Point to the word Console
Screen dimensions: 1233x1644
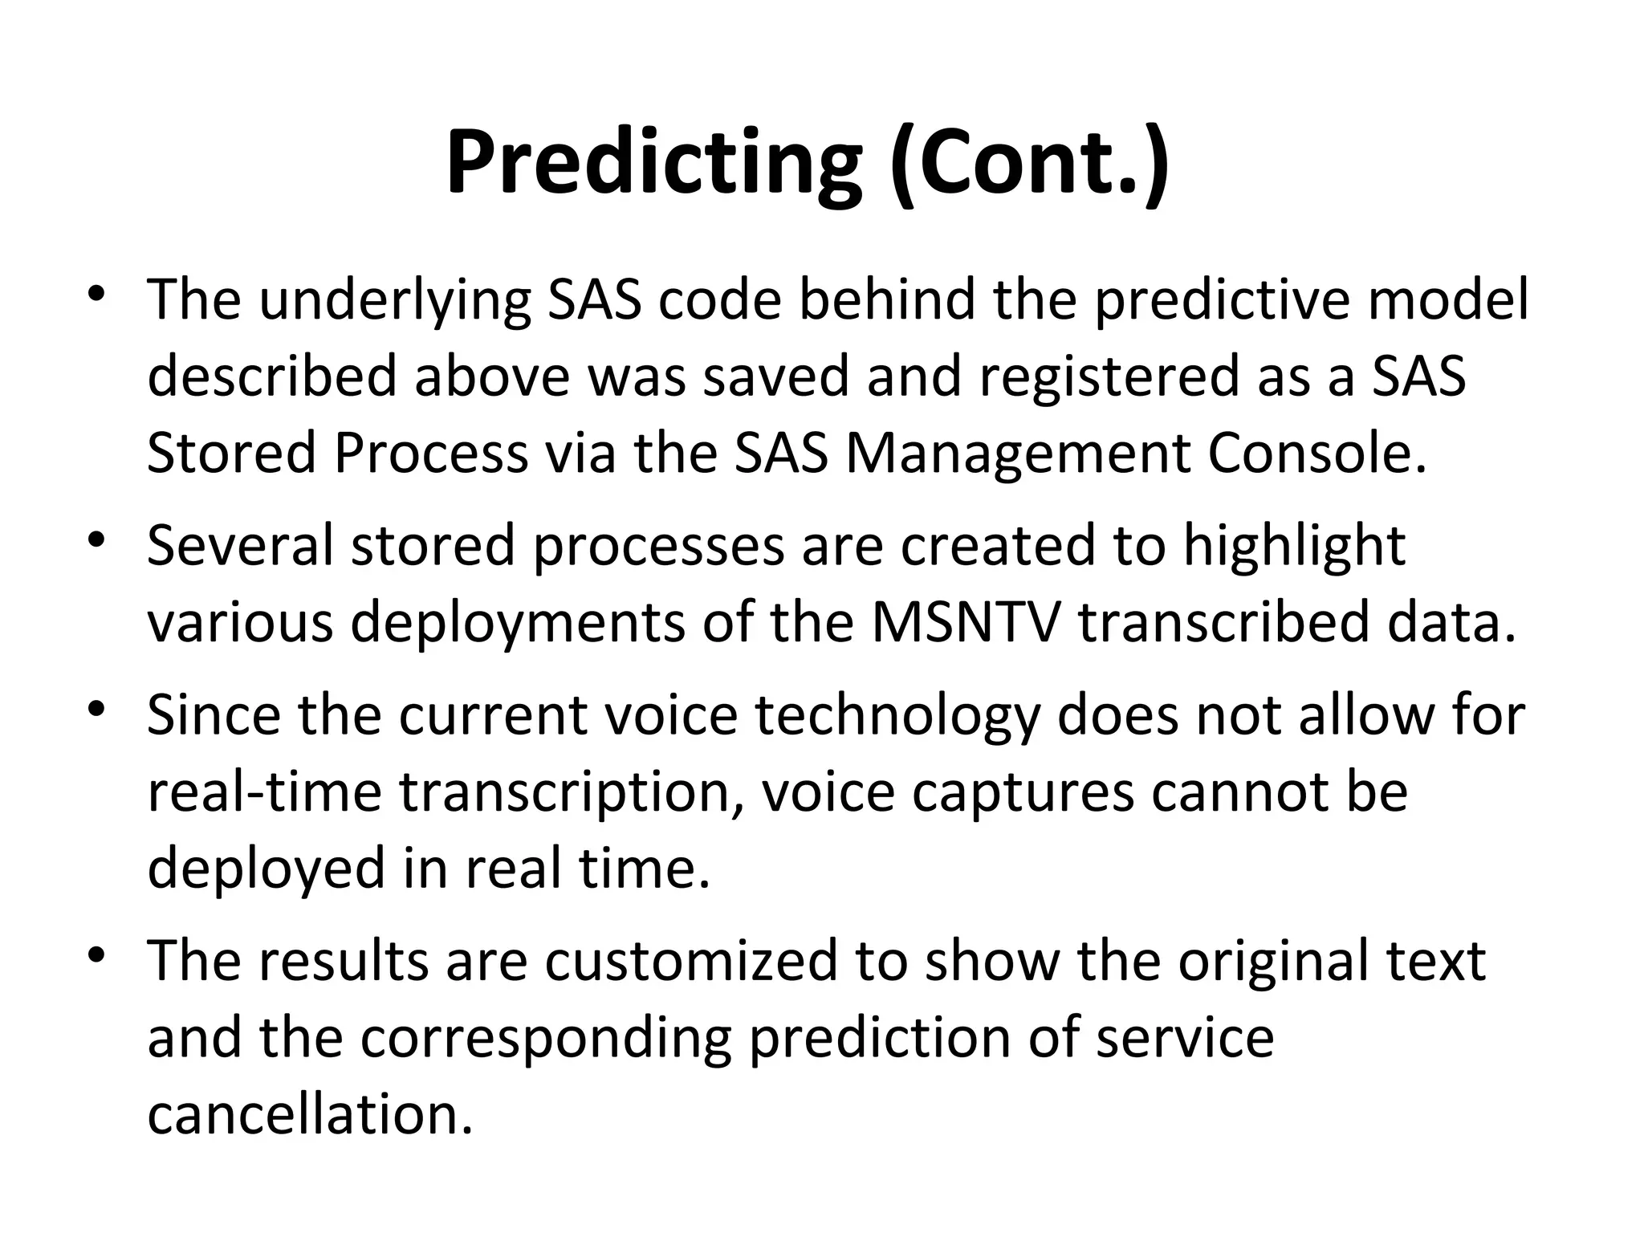(1317, 454)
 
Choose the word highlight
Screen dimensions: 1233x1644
(1294, 546)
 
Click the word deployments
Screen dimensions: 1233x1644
(518, 623)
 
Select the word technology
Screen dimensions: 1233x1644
(897, 714)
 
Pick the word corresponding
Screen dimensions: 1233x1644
(546, 1038)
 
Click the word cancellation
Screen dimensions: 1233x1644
(310, 1115)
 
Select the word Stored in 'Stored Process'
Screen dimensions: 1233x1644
(231, 454)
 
